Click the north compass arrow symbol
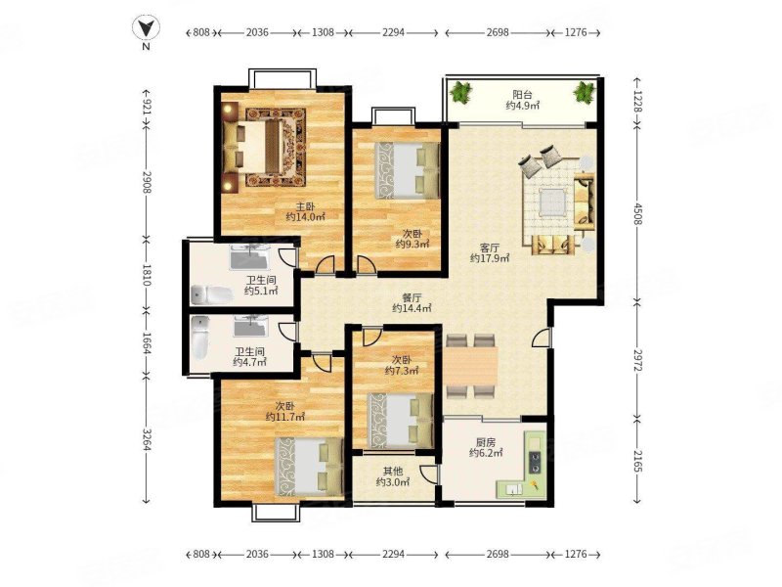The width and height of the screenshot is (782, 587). pyautogui.click(x=146, y=26)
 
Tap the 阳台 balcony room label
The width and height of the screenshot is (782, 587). pyautogui.click(x=522, y=94)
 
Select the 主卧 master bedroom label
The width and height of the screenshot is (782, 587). pyautogui.click(x=305, y=206)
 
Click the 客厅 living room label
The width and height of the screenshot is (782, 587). pyautogui.click(x=490, y=248)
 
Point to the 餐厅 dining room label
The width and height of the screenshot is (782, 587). pyautogui.click(x=412, y=297)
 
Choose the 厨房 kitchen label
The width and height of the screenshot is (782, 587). pyautogui.click(x=485, y=442)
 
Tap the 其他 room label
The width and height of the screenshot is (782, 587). pyautogui.click(x=393, y=471)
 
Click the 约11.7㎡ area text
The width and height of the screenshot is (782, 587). pyautogui.click(x=285, y=417)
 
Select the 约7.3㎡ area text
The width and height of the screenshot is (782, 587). pyautogui.click(x=402, y=371)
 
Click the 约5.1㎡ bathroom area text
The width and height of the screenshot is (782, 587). pyautogui.click(x=261, y=291)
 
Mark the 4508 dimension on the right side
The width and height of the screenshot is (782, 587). pyautogui.click(x=637, y=212)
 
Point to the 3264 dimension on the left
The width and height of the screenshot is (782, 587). pyautogui.click(x=146, y=439)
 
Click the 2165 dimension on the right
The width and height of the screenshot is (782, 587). pyautogui.click(x=637, y=460)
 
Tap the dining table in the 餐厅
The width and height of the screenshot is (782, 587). pyautogui.click(x=471, y=366)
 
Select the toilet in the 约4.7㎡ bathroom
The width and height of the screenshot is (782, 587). pyautogui.click(x=200, y=337)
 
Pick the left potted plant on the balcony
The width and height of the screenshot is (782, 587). pyautogui.click(x=460, y=93)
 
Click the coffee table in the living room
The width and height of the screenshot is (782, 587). pyautogui.click(x=551, y=203)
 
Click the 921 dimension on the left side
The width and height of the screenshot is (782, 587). pyautogui.click(x=146, y=107)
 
